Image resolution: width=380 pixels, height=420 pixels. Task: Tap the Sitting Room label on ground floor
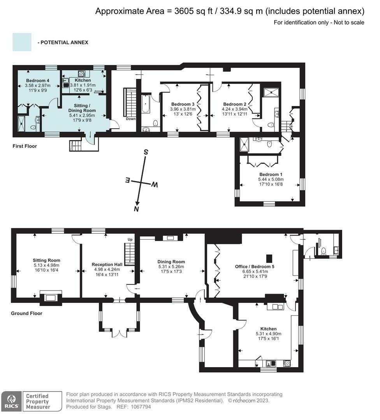click(46, 260)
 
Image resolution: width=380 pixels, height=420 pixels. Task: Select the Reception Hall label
click(107, 264)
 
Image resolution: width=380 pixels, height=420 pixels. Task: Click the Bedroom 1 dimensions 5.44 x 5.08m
click(271, 180)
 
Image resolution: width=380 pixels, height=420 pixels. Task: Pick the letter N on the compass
click(136, 209)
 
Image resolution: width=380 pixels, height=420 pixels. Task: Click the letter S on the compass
click(146, 152)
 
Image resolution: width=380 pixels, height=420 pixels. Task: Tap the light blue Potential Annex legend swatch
click(22, 42)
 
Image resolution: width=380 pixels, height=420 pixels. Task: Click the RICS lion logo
click(11, 401)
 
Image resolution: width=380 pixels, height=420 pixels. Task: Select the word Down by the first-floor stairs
click(131, 119)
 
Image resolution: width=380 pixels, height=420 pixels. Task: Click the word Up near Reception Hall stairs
click(130, 240)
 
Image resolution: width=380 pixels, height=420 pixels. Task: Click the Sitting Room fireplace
click(51, 297)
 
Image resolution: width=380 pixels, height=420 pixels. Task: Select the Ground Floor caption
click(27, 313)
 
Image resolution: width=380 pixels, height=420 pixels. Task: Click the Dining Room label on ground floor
click(171, 262)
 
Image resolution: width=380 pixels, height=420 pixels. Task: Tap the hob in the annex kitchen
click(82, 73)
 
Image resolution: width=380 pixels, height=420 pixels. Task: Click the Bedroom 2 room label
click(235, 104)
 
